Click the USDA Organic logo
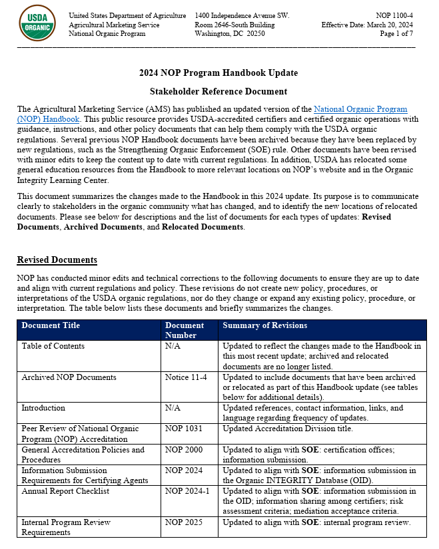tap(38, 23)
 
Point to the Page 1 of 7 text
tap(396, 33)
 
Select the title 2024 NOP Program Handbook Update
tap(219, 73)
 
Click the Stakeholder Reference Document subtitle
tap(219, 91)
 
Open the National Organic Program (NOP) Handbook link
tap(360, 108)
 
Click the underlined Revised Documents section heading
tap(57, 260)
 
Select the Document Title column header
tap(51, 325)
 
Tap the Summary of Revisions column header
tap(264, 325)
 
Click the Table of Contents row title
tap(53, 346)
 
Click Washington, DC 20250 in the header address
tap(230, 33)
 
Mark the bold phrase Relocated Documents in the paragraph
tap(203, 227)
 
